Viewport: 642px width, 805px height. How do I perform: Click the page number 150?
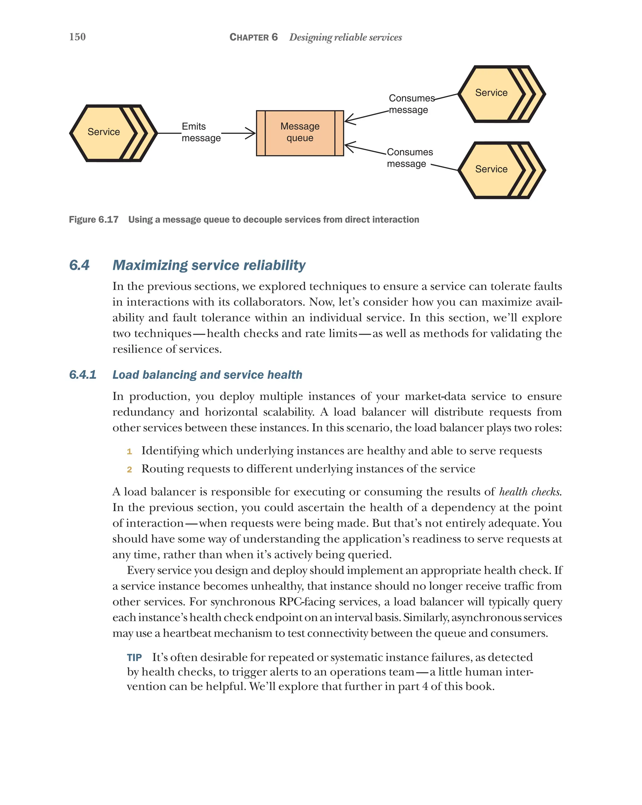[x=77, y=37]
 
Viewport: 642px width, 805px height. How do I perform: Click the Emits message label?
[x=201, y=132]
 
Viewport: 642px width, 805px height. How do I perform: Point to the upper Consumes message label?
[x=411, y=104]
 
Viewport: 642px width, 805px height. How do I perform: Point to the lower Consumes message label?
[x=409, y=158]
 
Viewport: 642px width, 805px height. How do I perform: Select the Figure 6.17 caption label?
[x=94, y=220]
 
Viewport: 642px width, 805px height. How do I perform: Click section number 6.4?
[x=79, y=265]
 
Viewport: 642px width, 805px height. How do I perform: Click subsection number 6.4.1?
[x=82, y=374]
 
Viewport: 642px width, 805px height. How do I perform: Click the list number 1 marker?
[x=129, y=452]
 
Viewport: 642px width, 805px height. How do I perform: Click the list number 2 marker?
[x=129, y=470]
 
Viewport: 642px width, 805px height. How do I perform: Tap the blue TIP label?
[x=134, y=657]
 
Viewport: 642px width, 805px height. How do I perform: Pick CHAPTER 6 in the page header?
[x=253, y=37]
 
